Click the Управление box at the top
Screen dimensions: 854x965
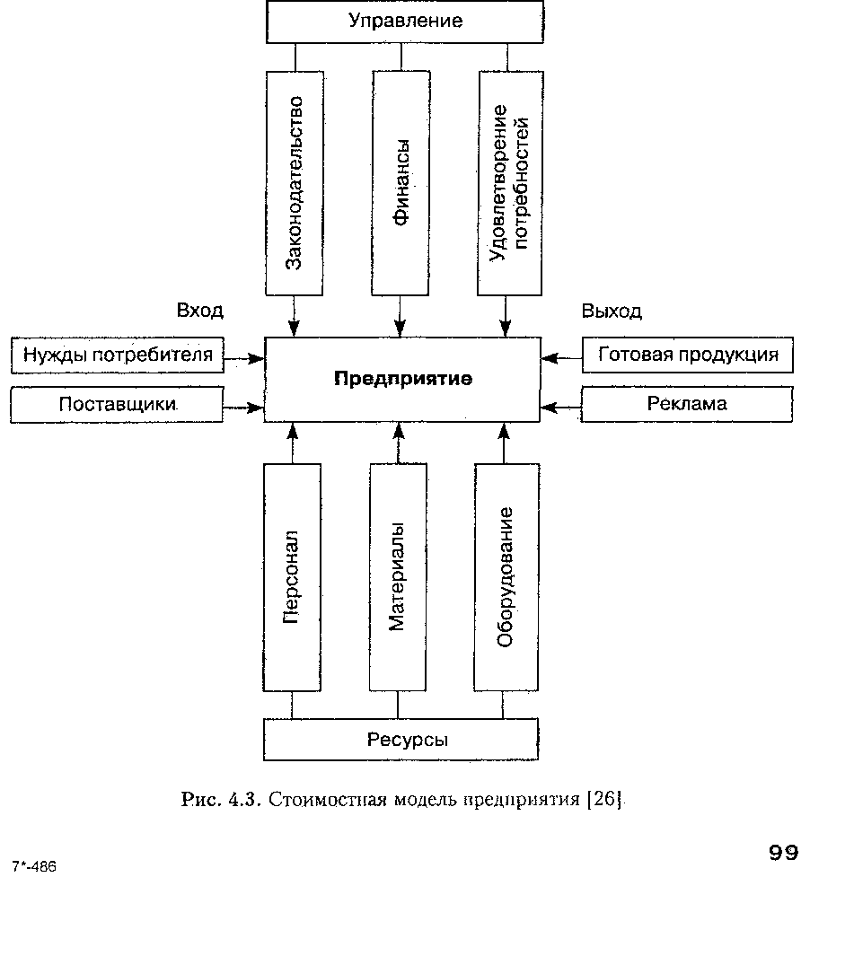click(x=404, y=22)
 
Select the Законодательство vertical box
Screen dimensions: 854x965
click(x=295, y=183)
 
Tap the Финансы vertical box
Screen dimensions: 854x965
click(x=401, y=183)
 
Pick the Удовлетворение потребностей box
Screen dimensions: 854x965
click(x=510, y=183)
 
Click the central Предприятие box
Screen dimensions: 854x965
click(x=402, y=379)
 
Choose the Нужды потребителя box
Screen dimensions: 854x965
click(x=117, y=355)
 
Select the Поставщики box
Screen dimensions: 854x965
click(x=117, y=404)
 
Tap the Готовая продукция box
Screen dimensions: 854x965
click(x=688, y=355)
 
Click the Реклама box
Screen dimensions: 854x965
click(x=687, y=404)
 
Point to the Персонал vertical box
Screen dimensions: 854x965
click(x=292, y=577)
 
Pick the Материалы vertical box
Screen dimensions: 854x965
click(x=398, y=577)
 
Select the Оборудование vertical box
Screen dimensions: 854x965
click(x=506, y=577)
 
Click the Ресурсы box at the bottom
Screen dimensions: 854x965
click(x=401, y=739)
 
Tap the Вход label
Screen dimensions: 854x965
click(x=200, y=311)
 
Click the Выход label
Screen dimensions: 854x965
click(x=612, y=311)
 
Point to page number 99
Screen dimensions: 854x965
click(x=784, y=853)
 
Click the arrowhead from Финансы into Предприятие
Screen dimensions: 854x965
click(x=401, y=328)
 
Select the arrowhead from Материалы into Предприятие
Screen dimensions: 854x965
click(x=399, y=431)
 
